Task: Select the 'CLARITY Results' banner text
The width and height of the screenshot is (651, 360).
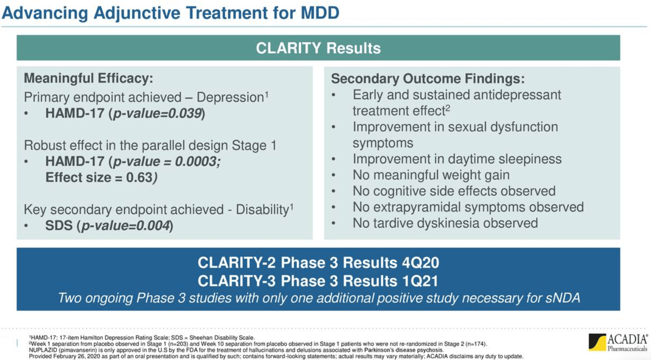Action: (x=318, y=48)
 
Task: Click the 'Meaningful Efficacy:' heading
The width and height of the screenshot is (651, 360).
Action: (x=88, y=78)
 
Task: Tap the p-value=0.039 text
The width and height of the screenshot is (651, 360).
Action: (x=156, y=113)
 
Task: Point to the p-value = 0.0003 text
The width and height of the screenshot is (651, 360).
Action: (x=166, y=162)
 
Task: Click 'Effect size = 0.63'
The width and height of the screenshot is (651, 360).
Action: (x=100, y=177)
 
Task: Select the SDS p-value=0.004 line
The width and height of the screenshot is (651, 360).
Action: (x=109, y=226)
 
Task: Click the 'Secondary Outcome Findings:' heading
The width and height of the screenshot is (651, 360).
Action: (x=428, y=78)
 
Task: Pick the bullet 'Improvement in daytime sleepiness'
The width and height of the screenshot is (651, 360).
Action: (x=457, y=159)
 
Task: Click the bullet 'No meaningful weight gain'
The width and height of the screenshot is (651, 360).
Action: (x=431, y=175)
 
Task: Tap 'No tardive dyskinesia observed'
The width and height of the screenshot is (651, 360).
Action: (x=445, y=223)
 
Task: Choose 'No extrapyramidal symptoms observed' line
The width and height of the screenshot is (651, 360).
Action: (x=468, y=207)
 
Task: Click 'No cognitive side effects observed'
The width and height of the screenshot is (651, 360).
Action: (x=454, y=191)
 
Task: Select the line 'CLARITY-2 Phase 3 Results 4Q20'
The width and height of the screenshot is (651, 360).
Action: (x=318, y=263)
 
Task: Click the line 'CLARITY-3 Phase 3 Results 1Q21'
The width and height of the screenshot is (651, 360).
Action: (x=318, y=281)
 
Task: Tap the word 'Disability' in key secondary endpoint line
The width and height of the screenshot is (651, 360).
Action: (x=262, y=210)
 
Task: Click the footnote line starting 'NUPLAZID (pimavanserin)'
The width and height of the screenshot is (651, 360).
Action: (x=235, y=350)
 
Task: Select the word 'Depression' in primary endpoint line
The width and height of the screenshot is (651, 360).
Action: (x=230, y=97)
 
